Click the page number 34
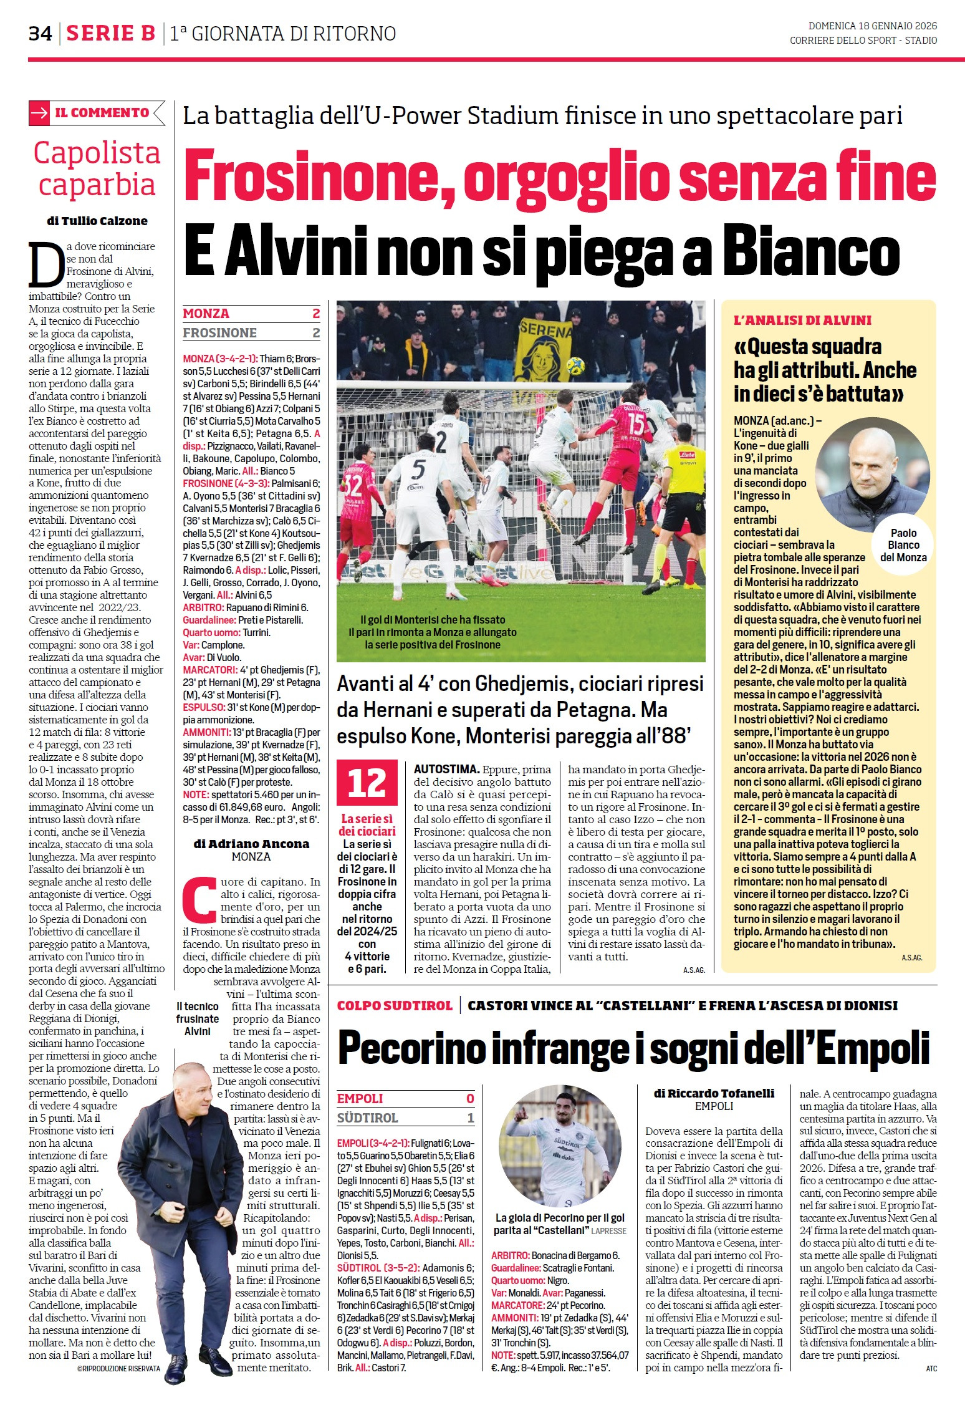40,33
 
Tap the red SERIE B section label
110,33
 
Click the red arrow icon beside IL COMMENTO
39,113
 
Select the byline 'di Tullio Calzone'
97,221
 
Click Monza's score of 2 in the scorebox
316,314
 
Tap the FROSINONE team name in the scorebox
219,333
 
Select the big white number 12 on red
367,783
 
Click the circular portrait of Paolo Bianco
872,475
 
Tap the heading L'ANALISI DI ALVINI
802,321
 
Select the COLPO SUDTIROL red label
394,1005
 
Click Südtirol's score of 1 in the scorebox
471,1118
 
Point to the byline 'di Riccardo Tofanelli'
714,1093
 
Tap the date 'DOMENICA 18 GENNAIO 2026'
872,26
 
